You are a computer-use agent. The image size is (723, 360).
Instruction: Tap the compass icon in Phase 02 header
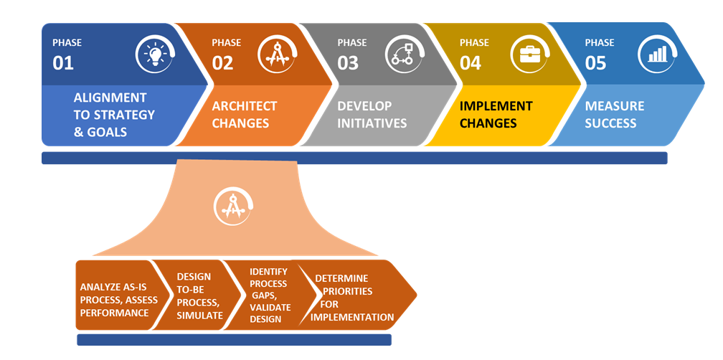[276, 55]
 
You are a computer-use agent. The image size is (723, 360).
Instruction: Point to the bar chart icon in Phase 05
[656, 55]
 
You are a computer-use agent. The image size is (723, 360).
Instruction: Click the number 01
[63, 63]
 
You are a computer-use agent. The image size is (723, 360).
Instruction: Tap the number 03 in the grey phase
[348, 63]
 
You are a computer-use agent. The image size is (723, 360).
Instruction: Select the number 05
[595, 63]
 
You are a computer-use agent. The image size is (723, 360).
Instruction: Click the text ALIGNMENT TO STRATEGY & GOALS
[114, 115]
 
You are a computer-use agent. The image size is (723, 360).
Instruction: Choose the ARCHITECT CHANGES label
[244, 115]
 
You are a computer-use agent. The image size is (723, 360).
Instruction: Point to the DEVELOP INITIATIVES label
[372, 115]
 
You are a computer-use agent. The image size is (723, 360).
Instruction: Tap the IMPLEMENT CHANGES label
[496, 115]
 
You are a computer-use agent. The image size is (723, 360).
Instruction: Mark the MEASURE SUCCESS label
[615, 115]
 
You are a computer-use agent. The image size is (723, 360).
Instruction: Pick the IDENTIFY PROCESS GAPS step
[269, 295]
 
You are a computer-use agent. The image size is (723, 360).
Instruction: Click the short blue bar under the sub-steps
[234, 340]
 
